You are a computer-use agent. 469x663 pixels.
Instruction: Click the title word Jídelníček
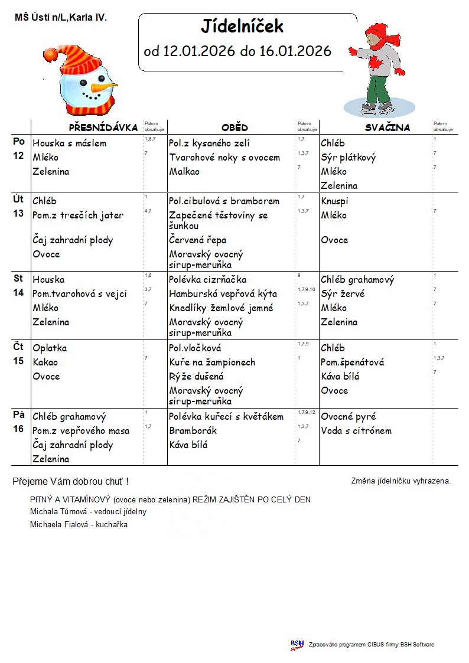(242, 27)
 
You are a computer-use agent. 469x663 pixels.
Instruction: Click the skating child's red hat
(375, 30)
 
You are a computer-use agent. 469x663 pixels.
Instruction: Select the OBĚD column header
(234, 128)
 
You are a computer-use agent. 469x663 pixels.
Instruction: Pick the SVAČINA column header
(387, 128)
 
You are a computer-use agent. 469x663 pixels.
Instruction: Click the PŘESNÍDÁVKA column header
(103, 128)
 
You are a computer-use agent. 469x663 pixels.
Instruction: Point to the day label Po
(19, 142)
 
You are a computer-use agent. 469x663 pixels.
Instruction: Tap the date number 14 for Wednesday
(19, 293)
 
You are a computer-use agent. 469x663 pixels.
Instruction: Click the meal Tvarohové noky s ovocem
(224, 158)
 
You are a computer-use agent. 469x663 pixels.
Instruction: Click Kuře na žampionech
(212, 362)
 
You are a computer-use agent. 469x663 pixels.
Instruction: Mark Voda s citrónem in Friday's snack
(356, 430)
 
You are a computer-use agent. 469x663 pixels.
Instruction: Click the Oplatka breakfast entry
(50, 348)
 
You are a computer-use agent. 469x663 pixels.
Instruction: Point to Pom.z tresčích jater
(78, 215)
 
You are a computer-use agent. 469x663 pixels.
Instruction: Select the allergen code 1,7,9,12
(307, 412)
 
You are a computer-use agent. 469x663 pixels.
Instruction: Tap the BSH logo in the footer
(297, 645)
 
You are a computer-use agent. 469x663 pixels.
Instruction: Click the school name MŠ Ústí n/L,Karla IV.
(61, 18)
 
